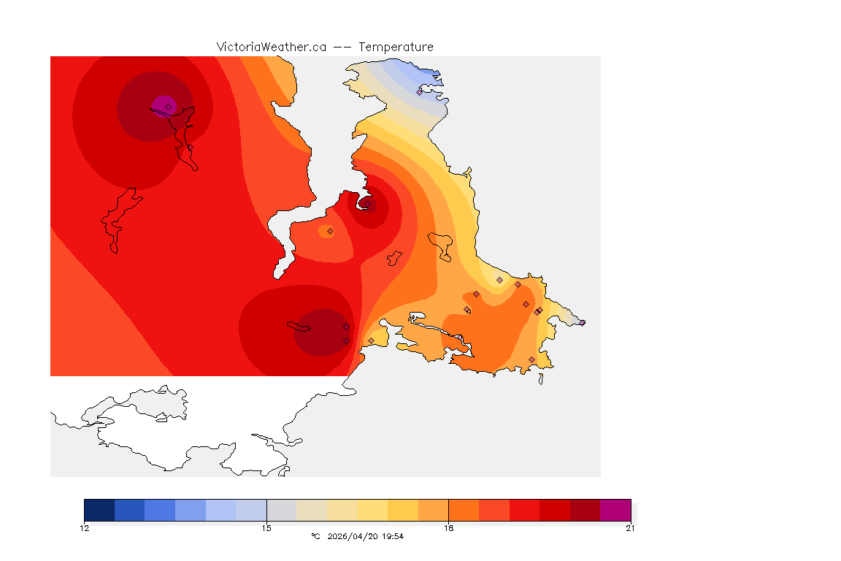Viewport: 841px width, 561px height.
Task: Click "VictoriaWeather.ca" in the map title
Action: pos(271,47)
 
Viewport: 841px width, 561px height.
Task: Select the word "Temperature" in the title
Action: pos(396,47)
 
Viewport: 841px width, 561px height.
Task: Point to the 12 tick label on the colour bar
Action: pos(85,528)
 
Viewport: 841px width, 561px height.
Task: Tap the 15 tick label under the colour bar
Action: pos(266,528)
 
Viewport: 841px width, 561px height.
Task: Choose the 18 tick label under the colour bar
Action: pos(448,528)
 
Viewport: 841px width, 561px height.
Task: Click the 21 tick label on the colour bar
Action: pos(630,528)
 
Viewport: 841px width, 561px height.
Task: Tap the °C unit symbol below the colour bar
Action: pos(315,536)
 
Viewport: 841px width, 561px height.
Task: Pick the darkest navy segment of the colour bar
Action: pos(99,510)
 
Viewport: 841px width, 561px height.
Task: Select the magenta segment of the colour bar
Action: pos(615,510)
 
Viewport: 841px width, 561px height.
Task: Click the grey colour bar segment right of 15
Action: pos(282,510)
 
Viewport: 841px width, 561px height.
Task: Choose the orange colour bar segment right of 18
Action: pos(464,510)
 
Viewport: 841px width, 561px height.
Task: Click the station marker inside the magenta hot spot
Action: pos(169,107)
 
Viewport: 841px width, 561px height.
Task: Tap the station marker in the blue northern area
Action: pos(419,92)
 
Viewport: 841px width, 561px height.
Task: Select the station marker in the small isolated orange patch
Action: pos(330,231)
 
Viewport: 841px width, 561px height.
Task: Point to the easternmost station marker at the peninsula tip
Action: pos(582,323)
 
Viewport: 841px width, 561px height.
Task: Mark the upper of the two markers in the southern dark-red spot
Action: pos(346,327)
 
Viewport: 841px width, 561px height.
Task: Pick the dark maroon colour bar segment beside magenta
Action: pos(585,510)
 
